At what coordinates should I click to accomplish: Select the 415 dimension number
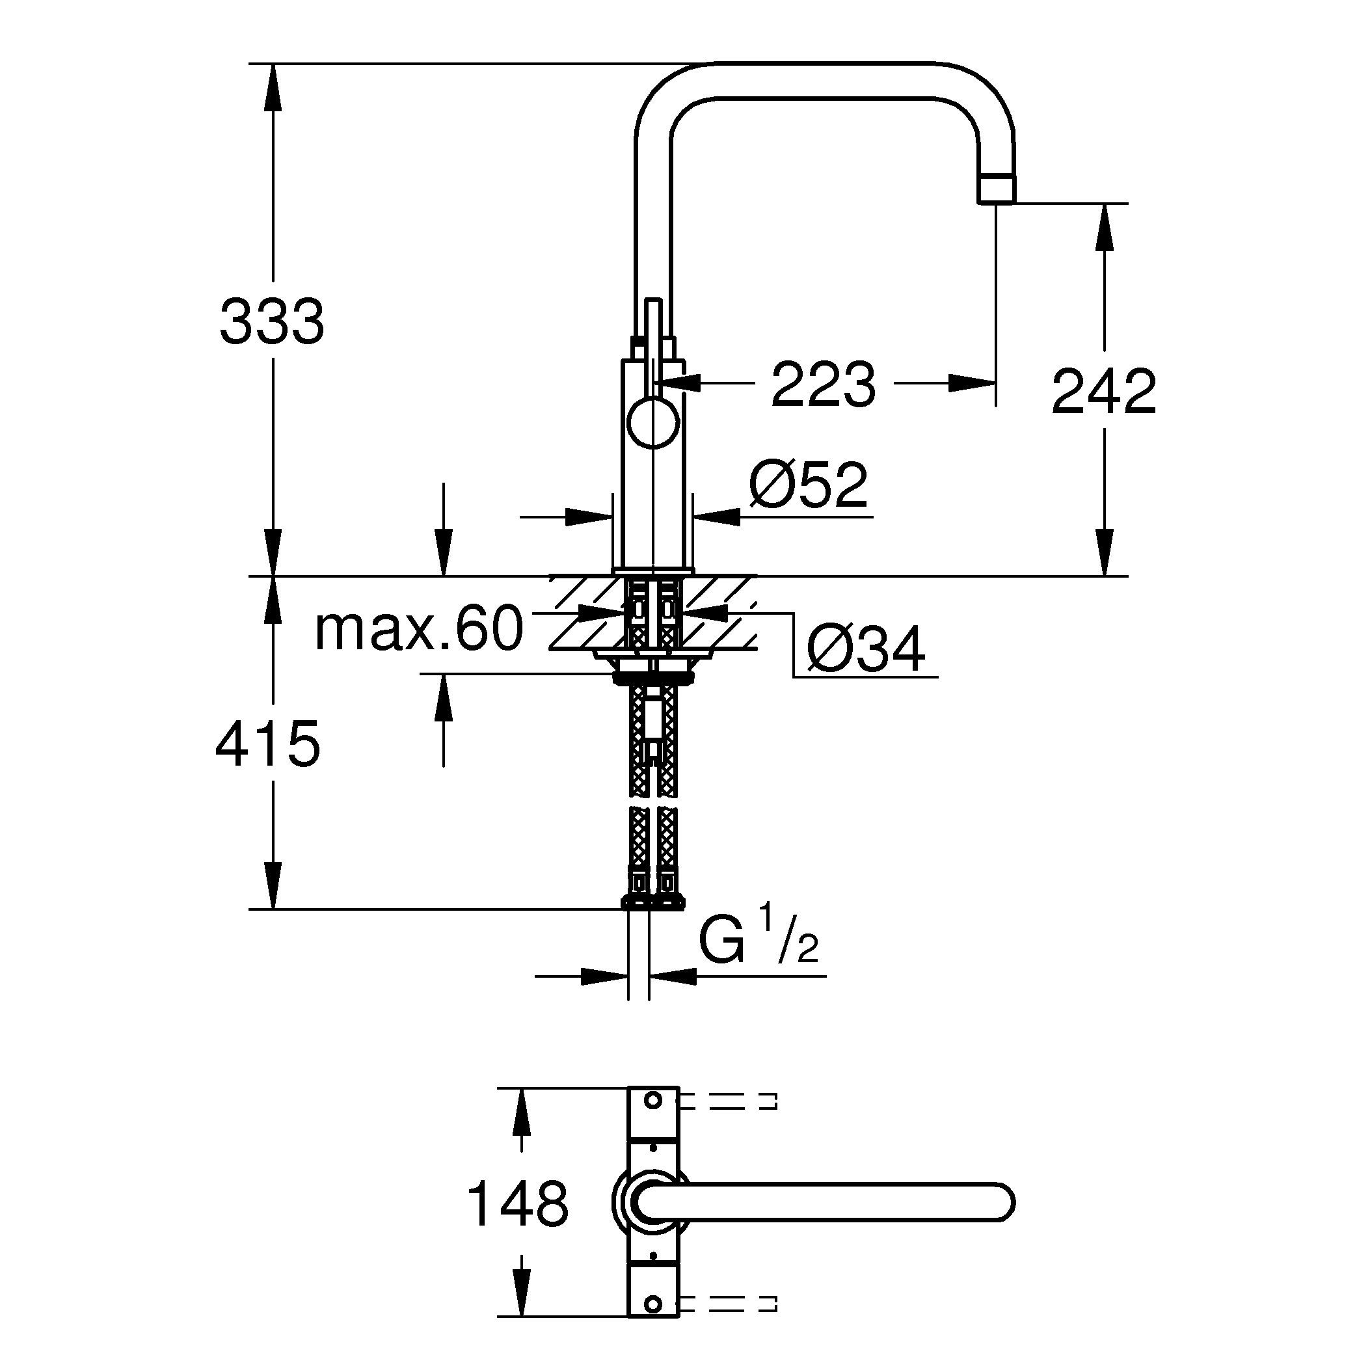coord(268,745)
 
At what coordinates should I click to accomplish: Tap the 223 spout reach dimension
coord(824,386)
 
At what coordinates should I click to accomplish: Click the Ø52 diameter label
coord(809,487)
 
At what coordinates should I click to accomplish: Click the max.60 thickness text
coord(418,629)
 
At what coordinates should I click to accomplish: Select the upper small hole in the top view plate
coord(653,1120)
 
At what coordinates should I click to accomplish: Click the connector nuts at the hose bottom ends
coord(653,901)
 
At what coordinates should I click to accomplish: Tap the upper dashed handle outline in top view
coord(731,1121)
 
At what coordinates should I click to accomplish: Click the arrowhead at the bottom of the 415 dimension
coord(273,887)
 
